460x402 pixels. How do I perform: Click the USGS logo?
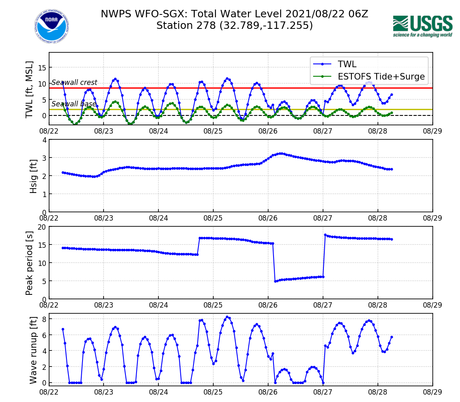click(422, 26)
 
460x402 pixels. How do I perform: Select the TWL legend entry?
click(347, 64)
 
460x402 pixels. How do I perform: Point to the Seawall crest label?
click(74, 82)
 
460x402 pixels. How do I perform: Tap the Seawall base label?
click(73, 104)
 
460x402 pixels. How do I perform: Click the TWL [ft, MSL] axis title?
click(29, 89)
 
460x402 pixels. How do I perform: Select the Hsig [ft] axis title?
click(33, 176)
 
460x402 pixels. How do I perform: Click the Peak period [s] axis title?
click(29, 263)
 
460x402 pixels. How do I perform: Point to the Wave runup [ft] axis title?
click(33, 349)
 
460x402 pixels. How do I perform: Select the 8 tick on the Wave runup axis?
click(43, 319)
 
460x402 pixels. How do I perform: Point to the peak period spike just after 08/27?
click(325, 235)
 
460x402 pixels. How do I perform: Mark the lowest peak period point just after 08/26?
click(275, 281)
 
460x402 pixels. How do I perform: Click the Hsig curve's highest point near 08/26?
click(281, 153)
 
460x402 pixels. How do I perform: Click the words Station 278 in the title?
click(186, 26)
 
